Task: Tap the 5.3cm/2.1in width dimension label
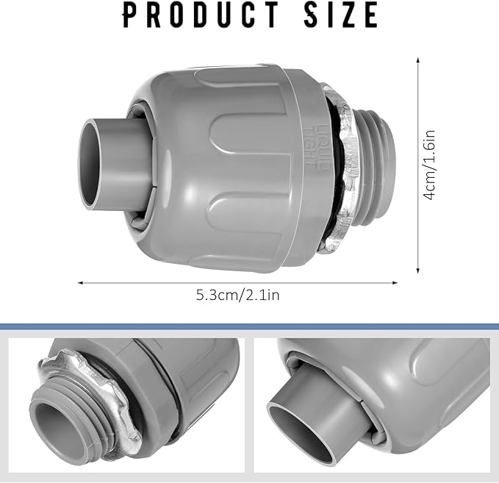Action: pos(237,296)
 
